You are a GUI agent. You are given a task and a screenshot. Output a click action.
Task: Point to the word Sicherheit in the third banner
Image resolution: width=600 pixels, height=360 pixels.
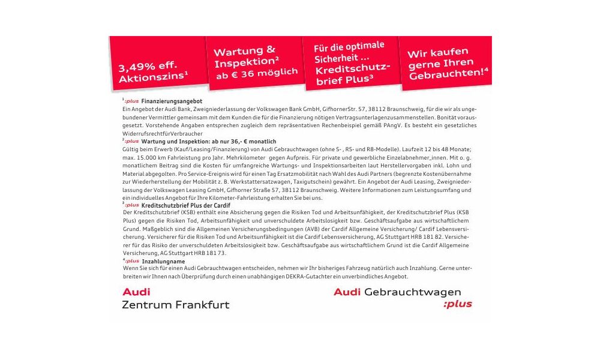click(336, 58)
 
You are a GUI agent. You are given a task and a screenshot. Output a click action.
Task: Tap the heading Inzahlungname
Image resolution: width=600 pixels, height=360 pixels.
click(161, 262)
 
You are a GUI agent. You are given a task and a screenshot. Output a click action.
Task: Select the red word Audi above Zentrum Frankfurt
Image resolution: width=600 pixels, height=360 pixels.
click(136, 292)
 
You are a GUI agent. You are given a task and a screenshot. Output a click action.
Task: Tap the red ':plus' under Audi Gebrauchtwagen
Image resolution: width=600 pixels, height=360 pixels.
click(457, 304)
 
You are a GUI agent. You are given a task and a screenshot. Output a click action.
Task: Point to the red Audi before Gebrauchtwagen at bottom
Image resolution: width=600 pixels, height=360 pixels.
click(347, 292)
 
